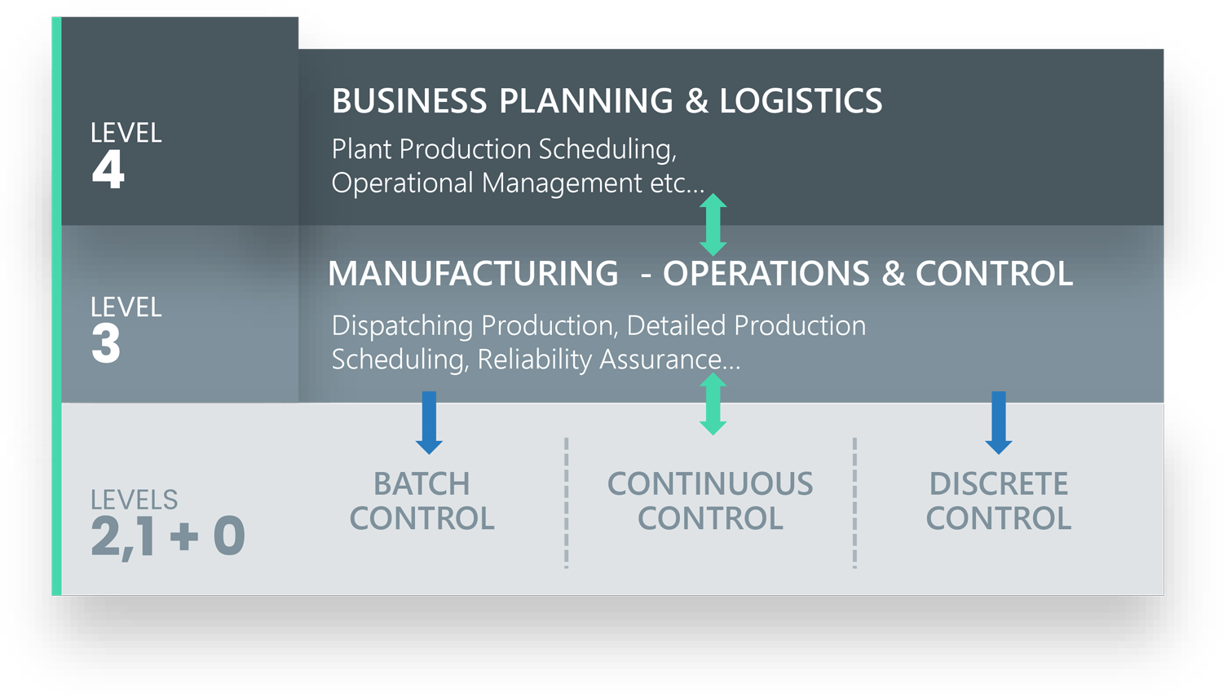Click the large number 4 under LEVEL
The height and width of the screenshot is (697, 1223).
pyautogui.click(x=108, y=170)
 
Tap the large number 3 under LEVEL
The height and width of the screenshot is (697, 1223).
pyautogui.click(x=106, y=343)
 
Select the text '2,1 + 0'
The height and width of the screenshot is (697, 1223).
pyautogui.click(x=168, y=536)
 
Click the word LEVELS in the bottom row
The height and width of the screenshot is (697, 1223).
pyautogui.click(x=135, y=500)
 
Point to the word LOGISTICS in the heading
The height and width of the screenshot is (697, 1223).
pyautogui.click(x=801, y=101)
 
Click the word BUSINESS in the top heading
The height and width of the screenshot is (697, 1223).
pyautogui.click(x=409, y=101)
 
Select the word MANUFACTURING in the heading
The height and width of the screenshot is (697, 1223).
pyautogui.click(x=474, y=273)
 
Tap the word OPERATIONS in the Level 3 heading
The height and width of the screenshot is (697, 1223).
pyautogui.click(x=766, y=273)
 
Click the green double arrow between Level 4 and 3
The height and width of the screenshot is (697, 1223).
pyautogui.click(x=713, y=225)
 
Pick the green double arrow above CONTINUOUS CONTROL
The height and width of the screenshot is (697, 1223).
pyautogui.click(x=713, y=404)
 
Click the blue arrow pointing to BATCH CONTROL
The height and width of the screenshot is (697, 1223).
pyautogui.click(x=429, y=423)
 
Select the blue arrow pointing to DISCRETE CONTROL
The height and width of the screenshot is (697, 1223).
pyautogui.click(x=999, y=423)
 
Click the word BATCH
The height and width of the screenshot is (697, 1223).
pyautogui.click(x=422, y=484)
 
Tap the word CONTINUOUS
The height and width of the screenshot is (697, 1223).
pyautogui.click(x=710, y=484)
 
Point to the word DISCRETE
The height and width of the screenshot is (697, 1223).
pyautogui.click(x=999, y=484)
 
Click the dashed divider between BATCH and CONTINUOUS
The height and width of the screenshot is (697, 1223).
pyautogui.click(x=566, y=503)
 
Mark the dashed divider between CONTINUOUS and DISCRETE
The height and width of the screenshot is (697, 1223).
pyautogui.click(x=854, y=503)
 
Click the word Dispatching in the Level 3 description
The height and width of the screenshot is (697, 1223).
pyautogui.click(x=403, y=326)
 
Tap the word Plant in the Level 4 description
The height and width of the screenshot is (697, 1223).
pyautogui.click(x=361, y=149)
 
